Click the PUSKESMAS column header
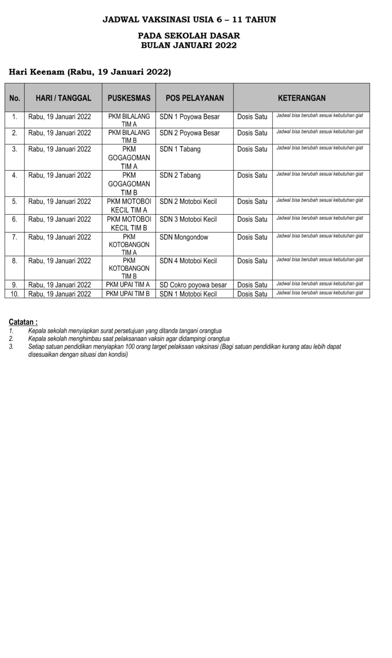[x=129, y=98]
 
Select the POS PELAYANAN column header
[x=195, y=98]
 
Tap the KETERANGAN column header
[x=301, y=98]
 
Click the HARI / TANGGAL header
[x=63, y=98]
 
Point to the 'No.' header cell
[x=15, y=98]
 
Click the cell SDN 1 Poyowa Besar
[x=190, y=117]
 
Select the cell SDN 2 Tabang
[x=180, y=175]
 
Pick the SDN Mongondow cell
[x=184, y=237]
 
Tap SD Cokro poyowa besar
[x=193, y=285]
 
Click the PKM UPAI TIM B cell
[x=128, y=294]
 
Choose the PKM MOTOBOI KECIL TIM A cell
[x=129, y=206]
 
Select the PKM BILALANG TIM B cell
[x=129, y=136]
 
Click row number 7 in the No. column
[x=15, y=237]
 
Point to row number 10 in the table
[x=15, y=294]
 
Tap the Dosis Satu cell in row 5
[x=252, y=201]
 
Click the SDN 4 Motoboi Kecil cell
[x=188, y=261]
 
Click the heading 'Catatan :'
[x=23, y=322]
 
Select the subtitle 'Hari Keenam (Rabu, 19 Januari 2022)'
[x=90, y=72]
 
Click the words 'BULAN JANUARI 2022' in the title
[x=189, y=45]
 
